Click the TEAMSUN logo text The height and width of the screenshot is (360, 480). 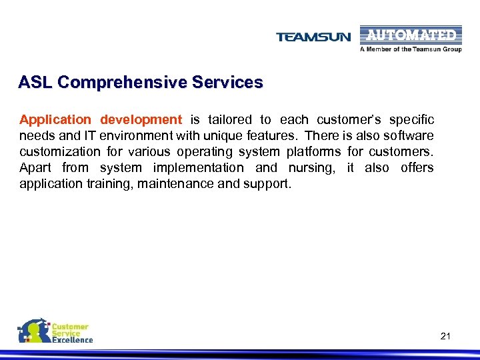tap(313, 37)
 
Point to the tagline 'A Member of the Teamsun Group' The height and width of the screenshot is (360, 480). tap(411, 49)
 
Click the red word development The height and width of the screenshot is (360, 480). tap(141, 120)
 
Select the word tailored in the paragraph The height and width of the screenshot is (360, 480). tap(230, 120)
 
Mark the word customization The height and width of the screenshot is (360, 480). tap(60, 152)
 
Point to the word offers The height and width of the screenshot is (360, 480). tap(417, 168)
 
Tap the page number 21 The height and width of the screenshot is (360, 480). tap(445, 336)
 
